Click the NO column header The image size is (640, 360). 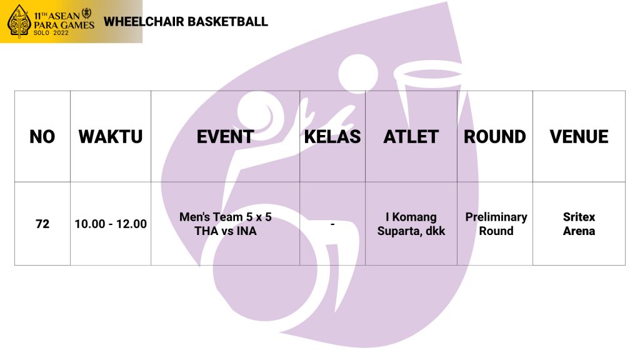[42, 137]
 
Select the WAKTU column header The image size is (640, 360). [111, 137]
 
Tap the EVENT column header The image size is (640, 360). [225, 137]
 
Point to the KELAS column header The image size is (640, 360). [332, 137]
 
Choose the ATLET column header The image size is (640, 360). [411, 137]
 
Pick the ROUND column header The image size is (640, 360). [495, 137]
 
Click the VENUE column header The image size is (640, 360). [579, 137]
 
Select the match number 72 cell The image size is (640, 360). [42, 224]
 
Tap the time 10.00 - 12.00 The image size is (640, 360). [111, 224]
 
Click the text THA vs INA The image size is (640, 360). [225, 231]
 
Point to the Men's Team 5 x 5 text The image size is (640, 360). [225, 217]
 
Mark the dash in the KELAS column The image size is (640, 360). [332, 224]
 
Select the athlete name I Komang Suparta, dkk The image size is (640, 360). [411, 224]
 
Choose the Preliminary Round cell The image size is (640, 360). [496, 224]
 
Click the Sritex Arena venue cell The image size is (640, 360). [579, 224]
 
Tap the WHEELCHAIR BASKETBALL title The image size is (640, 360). [186, 22]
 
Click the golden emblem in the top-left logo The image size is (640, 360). [19, 21]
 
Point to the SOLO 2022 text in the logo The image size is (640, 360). [51, 32]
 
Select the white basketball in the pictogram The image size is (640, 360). [358, 74]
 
